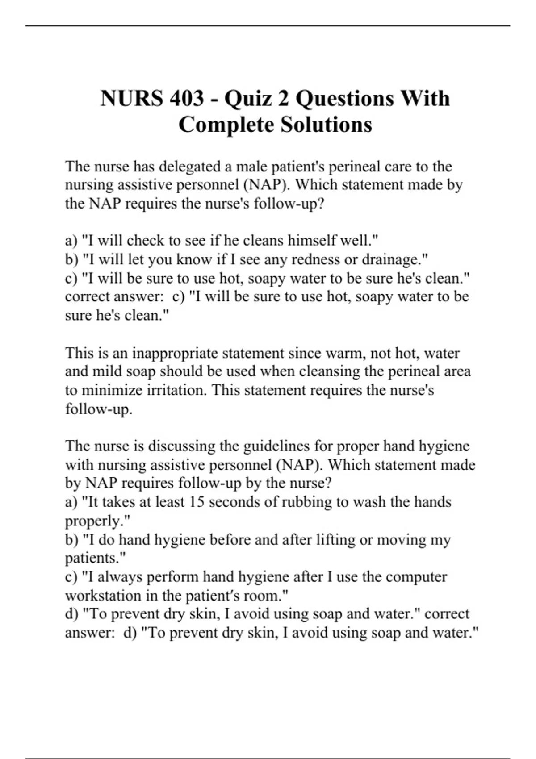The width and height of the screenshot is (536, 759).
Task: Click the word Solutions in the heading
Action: click(x=326, y=125)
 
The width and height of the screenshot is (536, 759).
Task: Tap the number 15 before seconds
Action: click(x=195, y=502)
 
